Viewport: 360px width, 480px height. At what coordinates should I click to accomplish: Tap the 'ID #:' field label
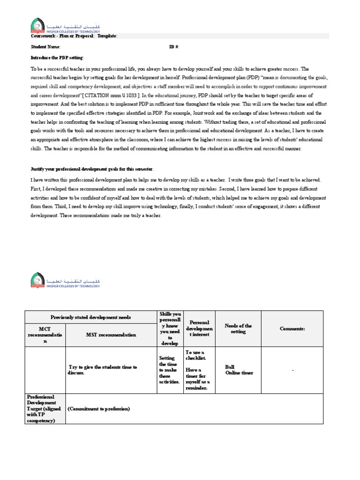(x=174, y=47)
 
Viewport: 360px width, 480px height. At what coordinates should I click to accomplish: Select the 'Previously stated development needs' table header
(x=91, y=317)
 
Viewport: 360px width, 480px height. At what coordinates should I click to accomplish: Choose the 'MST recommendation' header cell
(x=111, y=335)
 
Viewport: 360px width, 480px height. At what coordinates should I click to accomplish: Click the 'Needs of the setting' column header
(x=238, y=329)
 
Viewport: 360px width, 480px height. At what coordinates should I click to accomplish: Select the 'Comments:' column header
(x=292, y=329)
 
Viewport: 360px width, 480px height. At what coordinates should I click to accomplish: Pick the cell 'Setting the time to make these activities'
(x=169, y=370)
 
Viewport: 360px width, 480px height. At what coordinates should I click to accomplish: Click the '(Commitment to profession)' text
(x=98, y=409)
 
